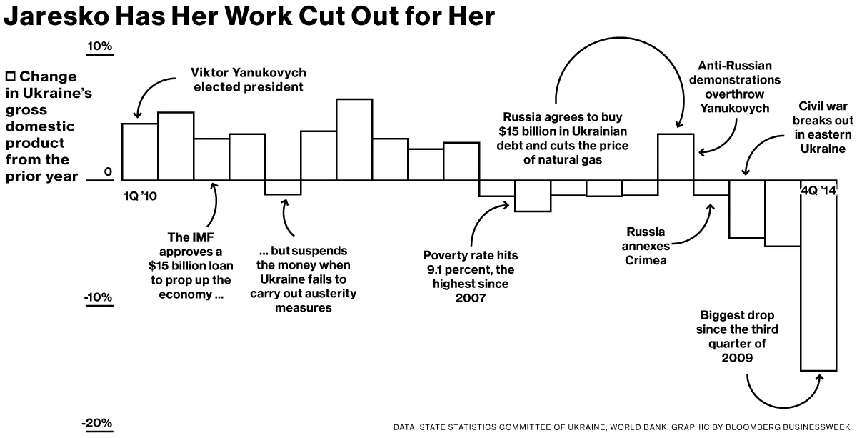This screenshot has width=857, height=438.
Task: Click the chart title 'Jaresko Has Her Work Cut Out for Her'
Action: pos(249,17)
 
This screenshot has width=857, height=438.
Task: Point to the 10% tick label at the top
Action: pos(100,47)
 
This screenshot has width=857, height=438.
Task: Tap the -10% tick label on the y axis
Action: pos(99,297)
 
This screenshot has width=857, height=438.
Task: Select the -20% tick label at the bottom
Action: pos(98,423)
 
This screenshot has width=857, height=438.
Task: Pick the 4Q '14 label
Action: pos(818,190)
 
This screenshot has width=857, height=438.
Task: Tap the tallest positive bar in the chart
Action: pos(354,139)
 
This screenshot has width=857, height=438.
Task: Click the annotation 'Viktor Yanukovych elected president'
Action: pos(249,80)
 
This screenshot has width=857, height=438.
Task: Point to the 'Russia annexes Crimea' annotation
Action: pos(646,246)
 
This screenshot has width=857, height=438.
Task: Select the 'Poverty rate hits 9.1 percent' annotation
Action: pos(470,276)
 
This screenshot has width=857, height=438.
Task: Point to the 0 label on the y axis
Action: pos(108,172)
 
